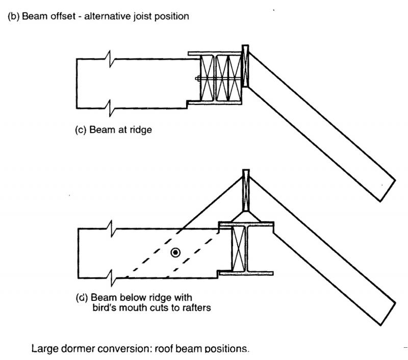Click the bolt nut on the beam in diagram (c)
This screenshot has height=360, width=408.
pyautogui.click(x=197, y=78)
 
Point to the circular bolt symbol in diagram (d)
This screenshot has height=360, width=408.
pyautogui.click(x=175, y=252)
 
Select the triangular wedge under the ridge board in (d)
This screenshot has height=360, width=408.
pyautogui.click(x=245, y=217)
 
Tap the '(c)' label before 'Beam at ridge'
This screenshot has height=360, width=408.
pyautogui.click(x=81, y=130)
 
